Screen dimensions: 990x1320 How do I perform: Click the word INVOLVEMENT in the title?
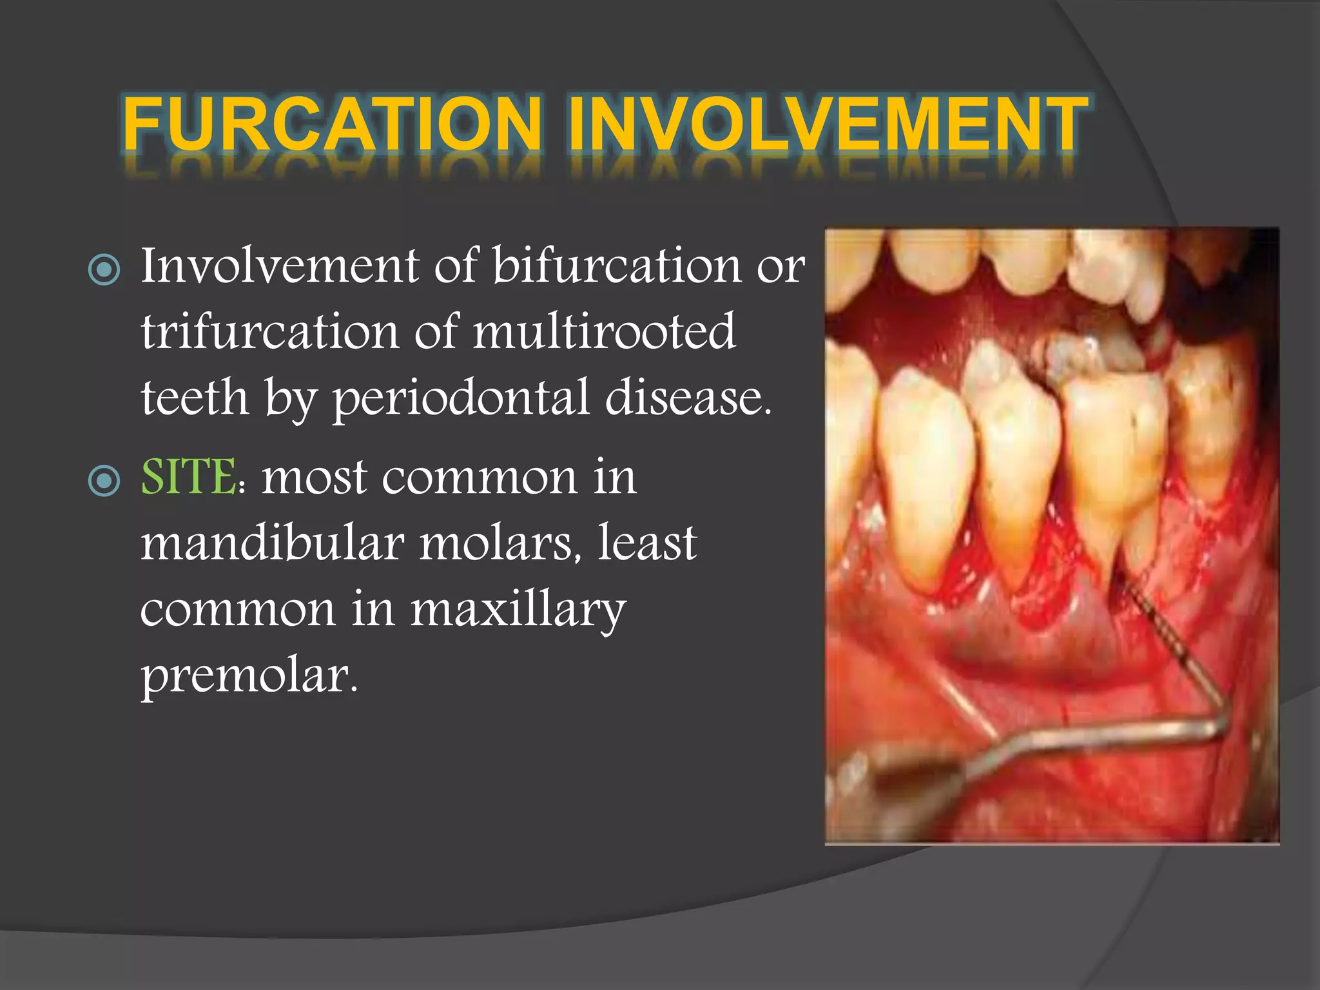828,124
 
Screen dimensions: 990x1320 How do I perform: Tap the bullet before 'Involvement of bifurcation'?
104,269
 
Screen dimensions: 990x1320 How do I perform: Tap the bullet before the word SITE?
104,481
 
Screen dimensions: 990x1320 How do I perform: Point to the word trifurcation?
270,332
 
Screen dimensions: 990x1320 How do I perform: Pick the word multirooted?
604,332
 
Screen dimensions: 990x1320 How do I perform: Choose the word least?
647,543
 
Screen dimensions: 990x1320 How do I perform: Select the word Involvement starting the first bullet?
280,266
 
